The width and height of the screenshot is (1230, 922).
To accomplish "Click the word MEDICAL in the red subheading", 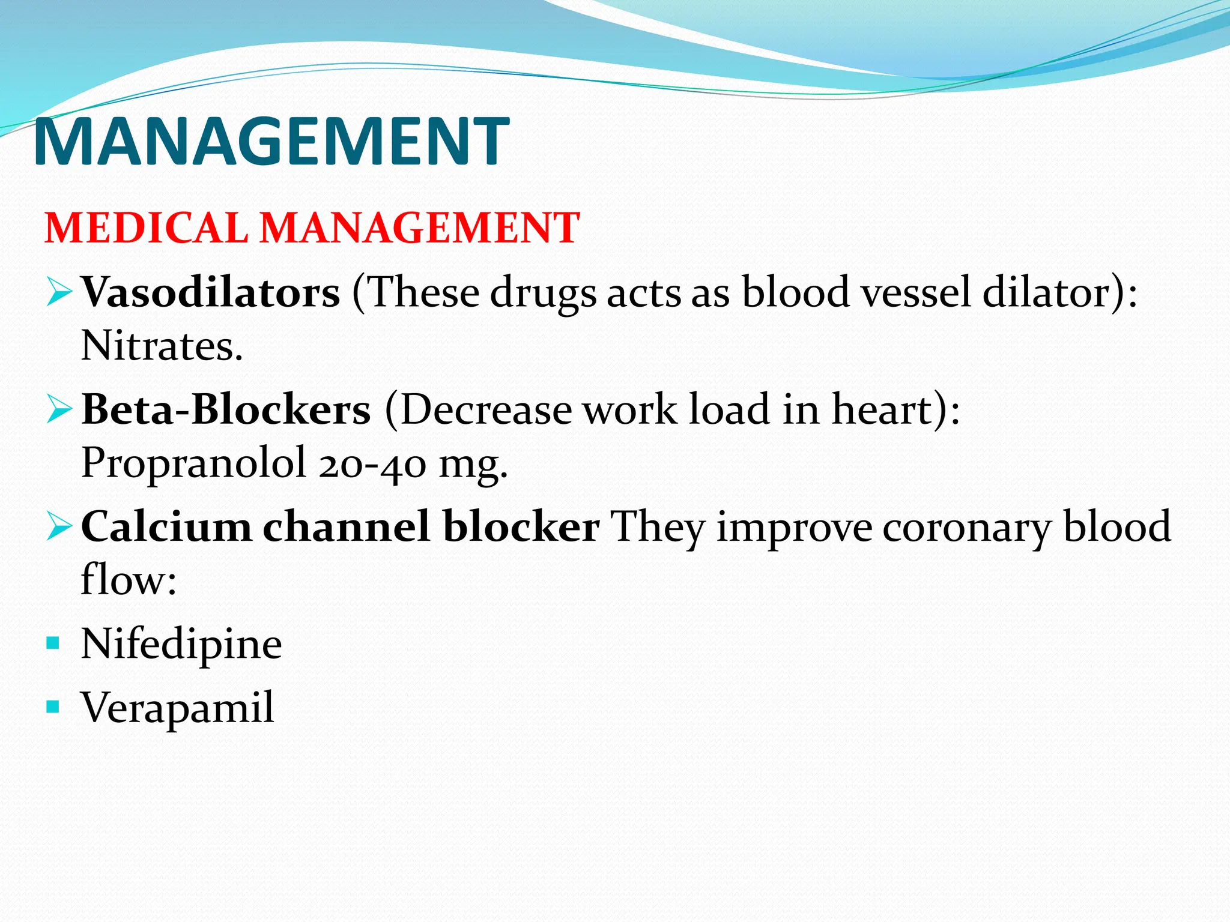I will (x=146, y=228).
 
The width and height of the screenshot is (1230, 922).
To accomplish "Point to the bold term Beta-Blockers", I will (x=226, y=409).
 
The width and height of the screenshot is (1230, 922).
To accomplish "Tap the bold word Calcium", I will (x=166, y=526).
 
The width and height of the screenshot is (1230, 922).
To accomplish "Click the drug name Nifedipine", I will (x=181, y=644).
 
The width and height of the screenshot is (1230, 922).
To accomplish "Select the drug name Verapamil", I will (x=178, y=707).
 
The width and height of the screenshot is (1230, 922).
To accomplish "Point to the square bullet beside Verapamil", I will (x=53, y=707).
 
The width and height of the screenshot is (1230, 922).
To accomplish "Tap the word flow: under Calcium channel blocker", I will (x=129, y=580).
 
